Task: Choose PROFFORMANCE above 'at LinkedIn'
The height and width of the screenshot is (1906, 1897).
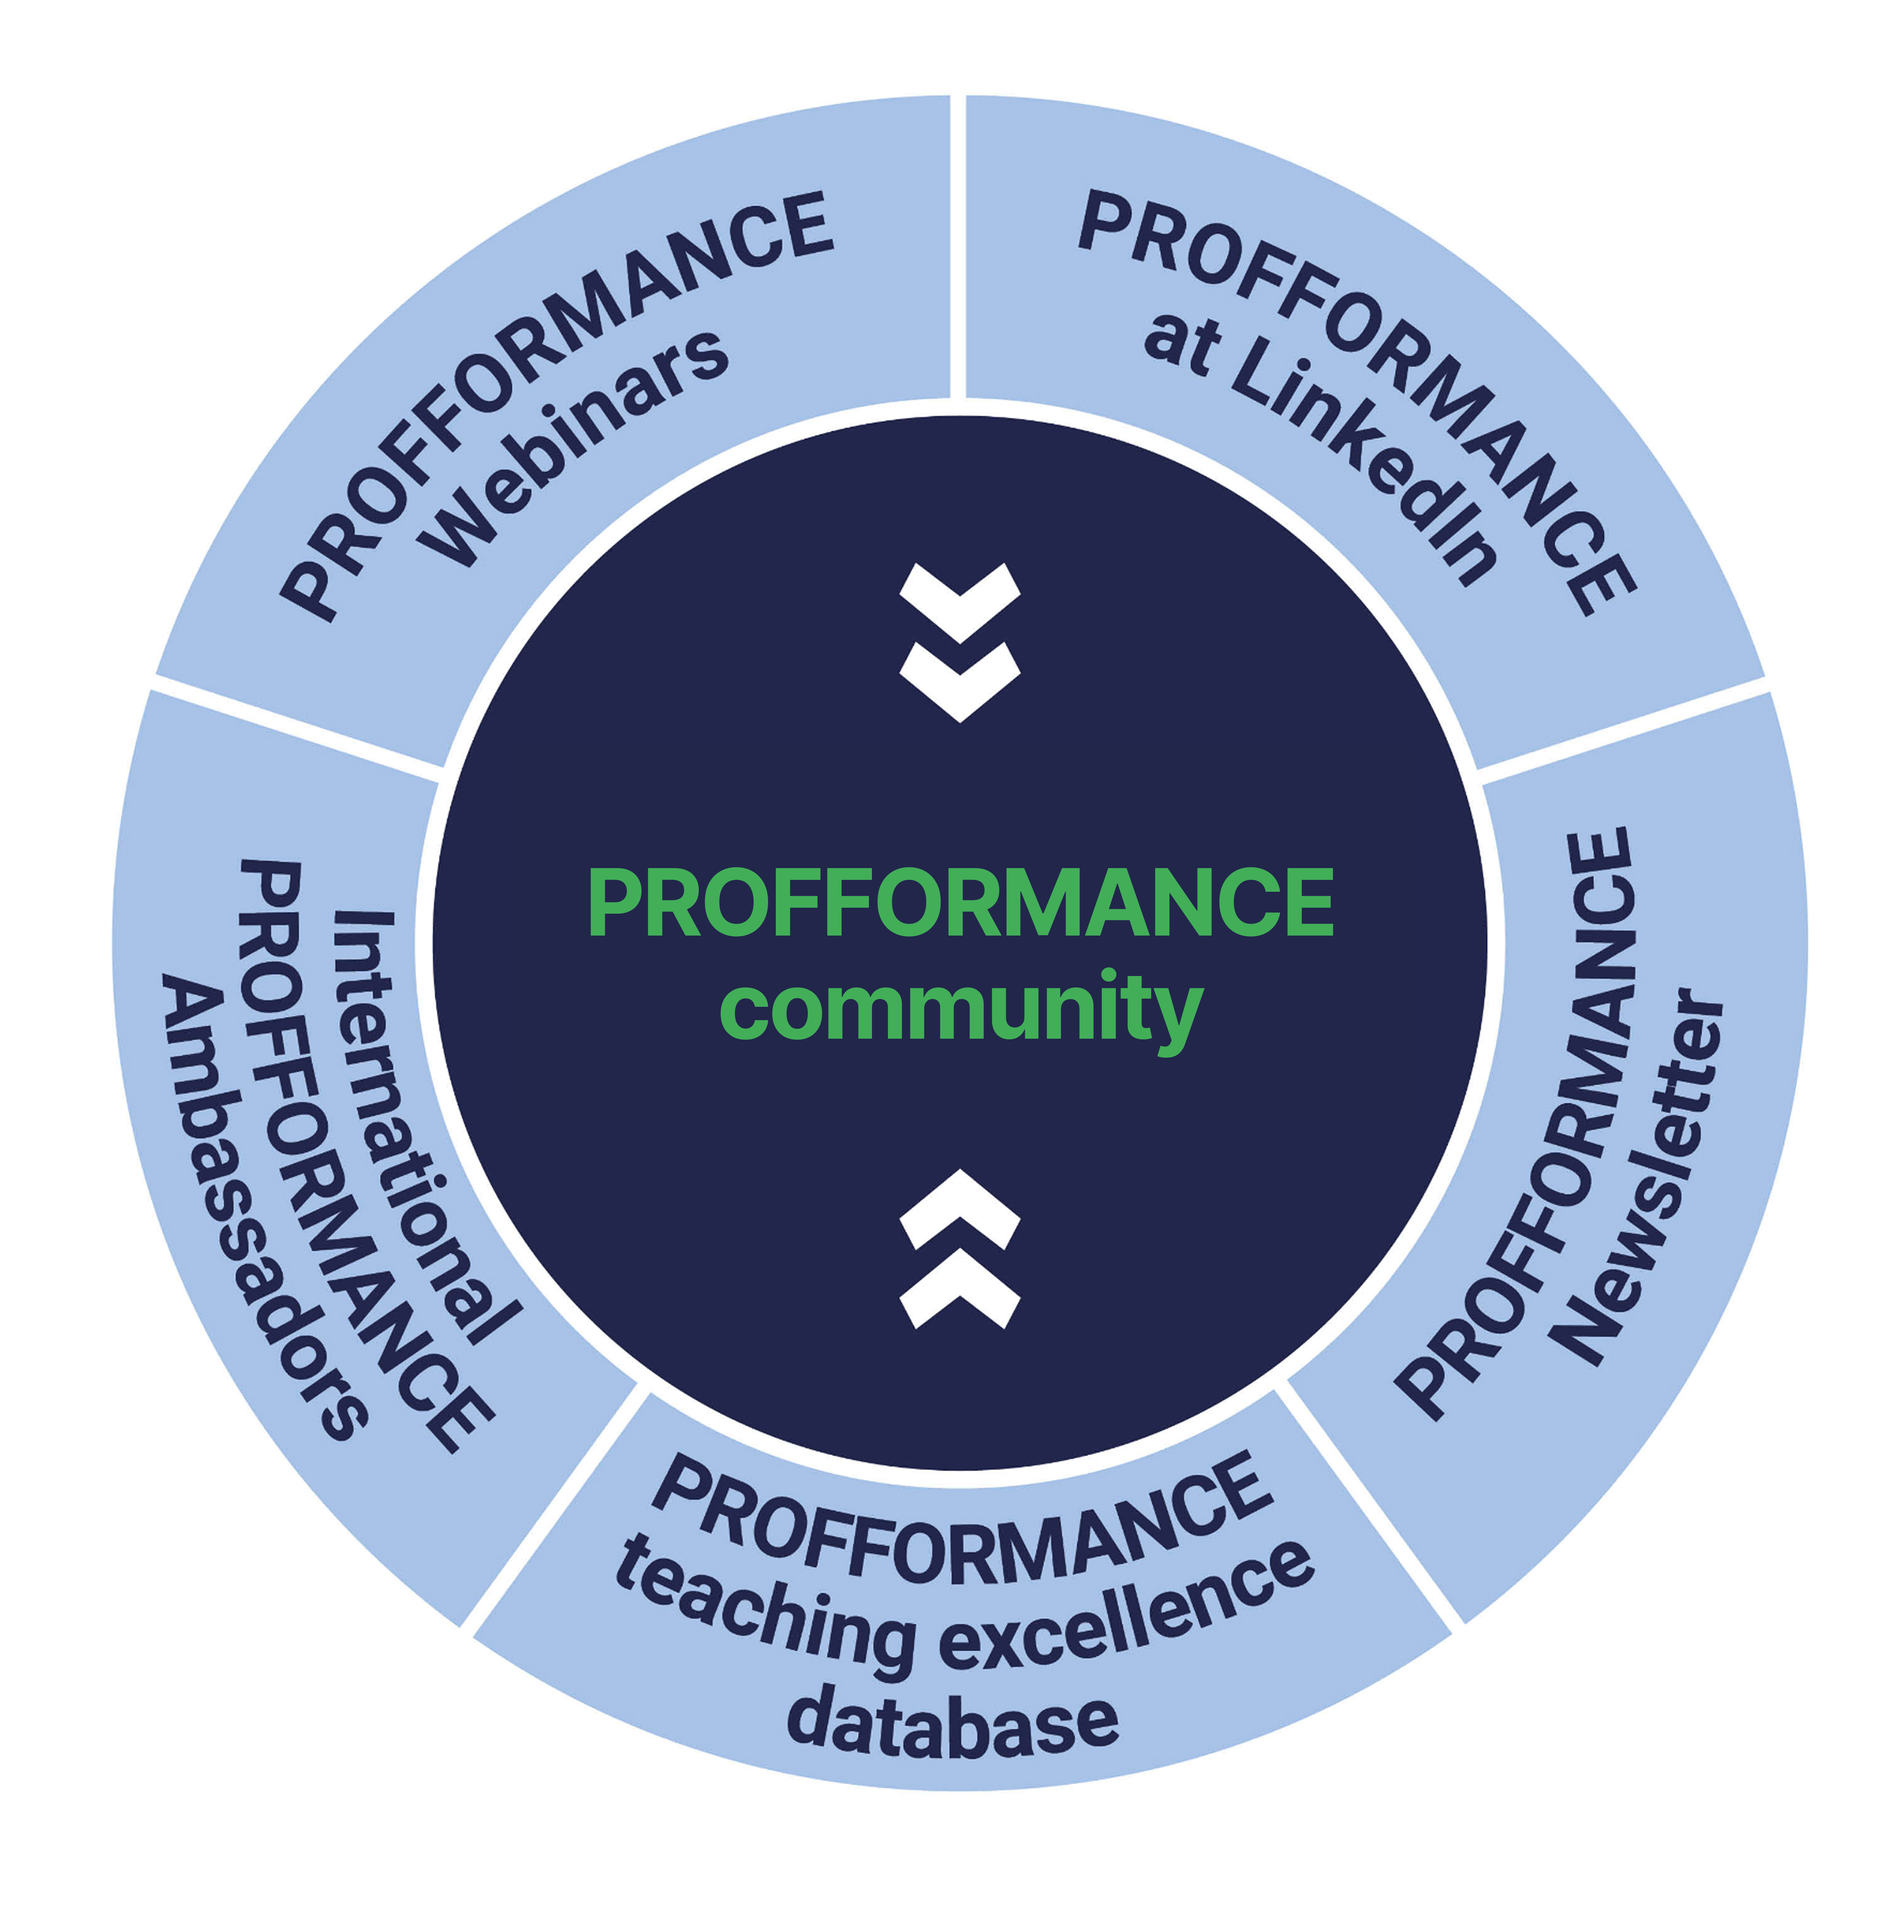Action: [x=1361, y=395]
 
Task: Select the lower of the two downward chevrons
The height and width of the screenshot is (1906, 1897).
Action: [x=960, y=681]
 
